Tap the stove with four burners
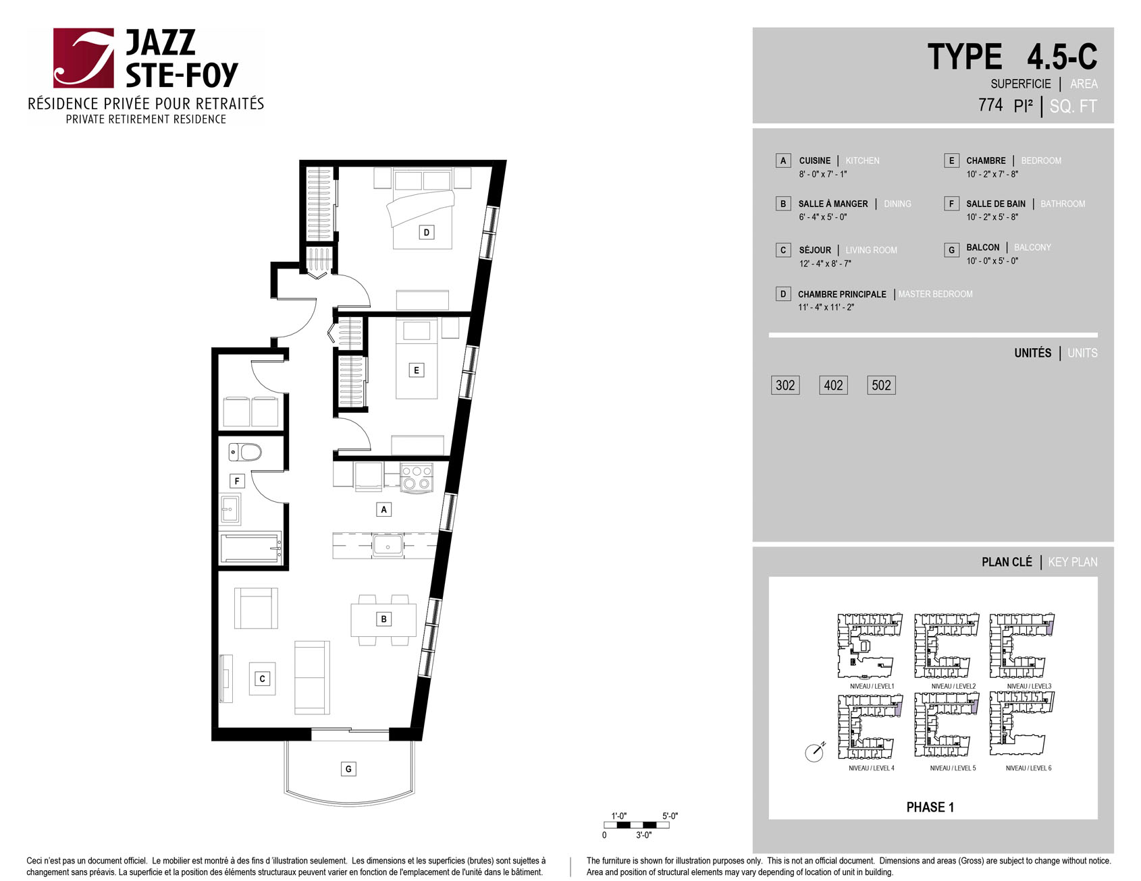pos(417,477)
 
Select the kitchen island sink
pos(388,545)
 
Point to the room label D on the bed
pos(426,233)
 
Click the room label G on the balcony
pos(348,769)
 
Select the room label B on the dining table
pos(383,619)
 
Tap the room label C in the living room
pos(262,679)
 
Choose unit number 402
pos(833,385)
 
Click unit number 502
pos(881,385)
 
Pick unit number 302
pos(785,385)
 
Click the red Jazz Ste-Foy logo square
pos(84,58)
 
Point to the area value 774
pos(990,105)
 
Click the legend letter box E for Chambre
pos(951,161)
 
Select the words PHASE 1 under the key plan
pos(930,807)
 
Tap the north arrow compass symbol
pos(815,751)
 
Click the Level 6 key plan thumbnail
pos(1021,724)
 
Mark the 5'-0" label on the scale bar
pos(670,816)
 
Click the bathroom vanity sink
pos(231,510)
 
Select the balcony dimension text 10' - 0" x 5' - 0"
pos(992,261)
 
